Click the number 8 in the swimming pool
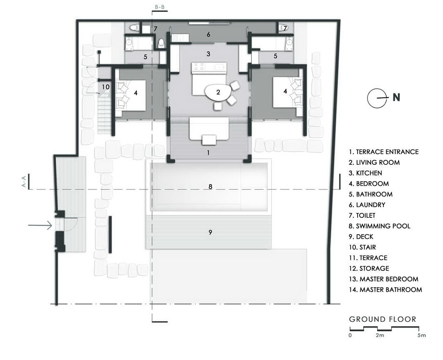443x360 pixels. [x=210, y=187]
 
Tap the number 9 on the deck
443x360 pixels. [x=210, y=232]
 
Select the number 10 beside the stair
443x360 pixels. [x=106, y=87]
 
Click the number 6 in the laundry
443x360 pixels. [x=208, y=35]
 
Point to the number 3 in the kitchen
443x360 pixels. [x=208, y=54]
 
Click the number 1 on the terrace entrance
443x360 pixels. [x=208, y=152]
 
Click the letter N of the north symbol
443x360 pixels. [x=397, y=97]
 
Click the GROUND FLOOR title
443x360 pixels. [x=383, y=319]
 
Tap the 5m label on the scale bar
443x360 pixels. [x=421, y=335]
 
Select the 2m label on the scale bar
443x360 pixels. [x=380, y=335]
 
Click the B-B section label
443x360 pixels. [x=159, y=7]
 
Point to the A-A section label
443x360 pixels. [x=24, y=181]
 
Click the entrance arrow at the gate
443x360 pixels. [x=40, y=225]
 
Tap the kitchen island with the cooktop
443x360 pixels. [x=209, y=67]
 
